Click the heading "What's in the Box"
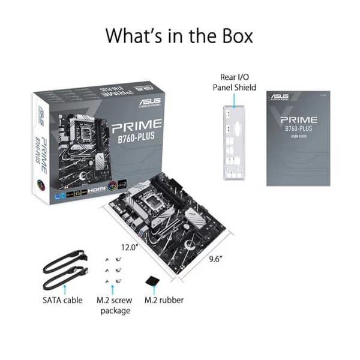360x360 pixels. [x=179, y=35]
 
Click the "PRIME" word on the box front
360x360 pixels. [x=137, y=125]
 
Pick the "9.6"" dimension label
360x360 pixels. [x=215, y=259]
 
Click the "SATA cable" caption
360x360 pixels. [x=63, y=300]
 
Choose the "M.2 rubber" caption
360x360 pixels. [x=164, y=300]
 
